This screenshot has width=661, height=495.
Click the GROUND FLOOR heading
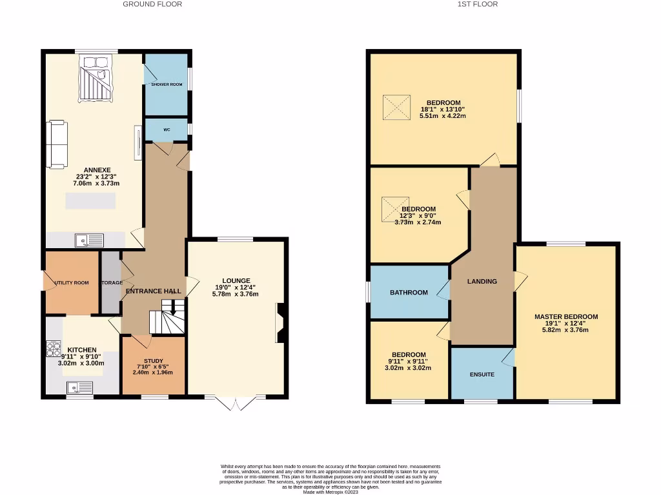[x=152, y=4]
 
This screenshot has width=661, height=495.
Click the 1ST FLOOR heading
[x=478, y=4]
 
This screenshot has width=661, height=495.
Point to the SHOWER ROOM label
[x=167, y=84]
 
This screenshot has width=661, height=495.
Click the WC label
[x=167, y=130]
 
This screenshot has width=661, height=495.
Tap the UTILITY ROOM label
[x=72, y=282]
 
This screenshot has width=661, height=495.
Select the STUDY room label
[x=153, y=361]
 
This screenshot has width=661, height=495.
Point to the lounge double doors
[x=236, y=402]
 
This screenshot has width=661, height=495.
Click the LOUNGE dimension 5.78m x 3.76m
[x=236, y=294]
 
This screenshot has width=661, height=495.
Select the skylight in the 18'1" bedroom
[x=396, y=107]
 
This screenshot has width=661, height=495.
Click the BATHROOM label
[x=409, y=293]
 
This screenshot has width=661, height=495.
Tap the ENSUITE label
[x=482, y=374]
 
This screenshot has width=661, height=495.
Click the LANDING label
[x=482, y=281]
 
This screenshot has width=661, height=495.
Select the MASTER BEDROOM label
[x=565, y=316]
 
